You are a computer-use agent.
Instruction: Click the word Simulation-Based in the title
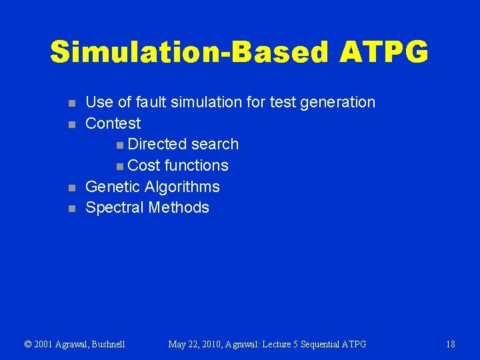185,52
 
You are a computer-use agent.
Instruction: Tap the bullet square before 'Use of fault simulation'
72,103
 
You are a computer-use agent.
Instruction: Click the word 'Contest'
113,123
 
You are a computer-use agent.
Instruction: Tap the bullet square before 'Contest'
72,124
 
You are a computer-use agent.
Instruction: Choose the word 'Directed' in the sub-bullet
157,144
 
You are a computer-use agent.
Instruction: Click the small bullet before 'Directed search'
119,145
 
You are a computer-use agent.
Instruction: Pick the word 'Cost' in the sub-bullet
143,165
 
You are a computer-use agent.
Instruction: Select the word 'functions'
196,165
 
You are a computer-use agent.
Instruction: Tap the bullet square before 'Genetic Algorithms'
72,188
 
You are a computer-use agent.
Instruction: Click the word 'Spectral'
115,208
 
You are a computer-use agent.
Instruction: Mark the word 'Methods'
179,207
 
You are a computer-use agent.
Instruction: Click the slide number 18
451,344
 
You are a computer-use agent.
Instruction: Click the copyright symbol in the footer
28,344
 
